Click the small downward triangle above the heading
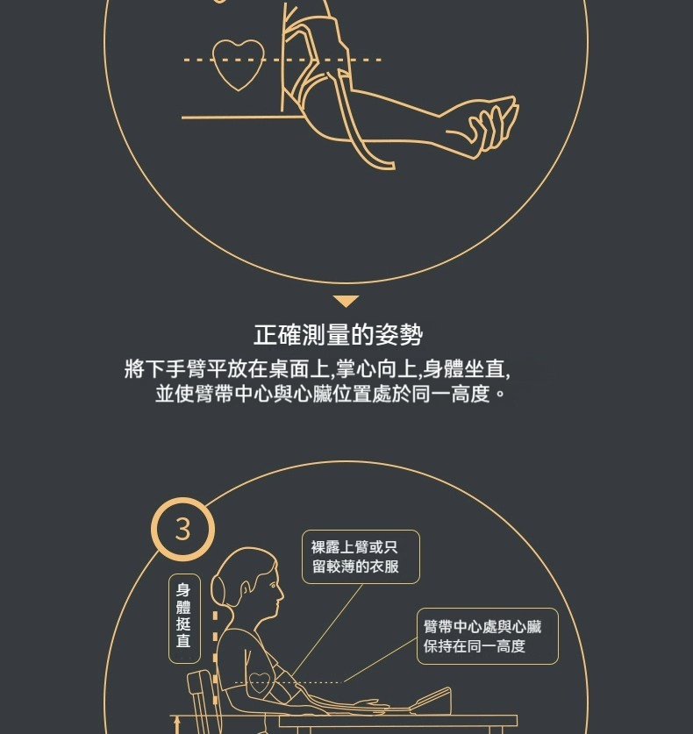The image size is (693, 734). pos(346,301)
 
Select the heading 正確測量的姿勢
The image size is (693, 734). pos(338,335)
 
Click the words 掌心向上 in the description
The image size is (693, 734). pos(376,369)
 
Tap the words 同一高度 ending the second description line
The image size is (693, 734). pos(451,394)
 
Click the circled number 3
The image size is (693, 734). pos(182,530)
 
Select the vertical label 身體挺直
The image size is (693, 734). pos(184,618)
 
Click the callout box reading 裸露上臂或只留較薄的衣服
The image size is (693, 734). pos(361,557)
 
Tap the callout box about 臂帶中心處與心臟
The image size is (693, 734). pos(488,636)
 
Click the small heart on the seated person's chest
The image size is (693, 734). pos(260,682)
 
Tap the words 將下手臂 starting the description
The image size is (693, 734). pos(165,369)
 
